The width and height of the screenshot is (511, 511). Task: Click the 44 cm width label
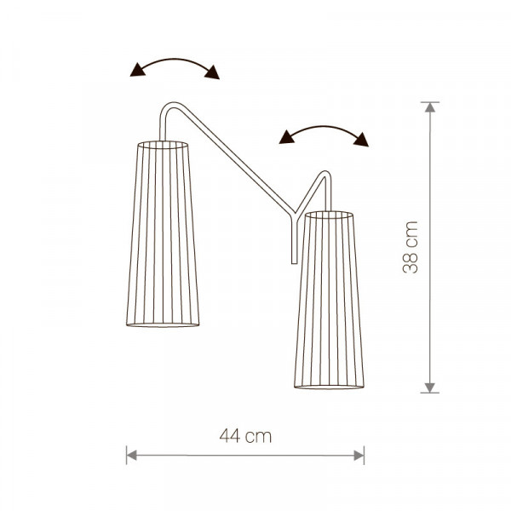tap(245, 436)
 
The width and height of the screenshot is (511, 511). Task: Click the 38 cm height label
tap(411, 247)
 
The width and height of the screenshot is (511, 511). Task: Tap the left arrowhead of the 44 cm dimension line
tap(131, 456)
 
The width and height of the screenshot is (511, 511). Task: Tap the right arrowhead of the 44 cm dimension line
tap(359, 456)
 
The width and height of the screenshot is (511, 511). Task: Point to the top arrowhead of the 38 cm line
tap(430, 107)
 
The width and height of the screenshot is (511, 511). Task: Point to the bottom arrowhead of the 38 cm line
tap(430, 388)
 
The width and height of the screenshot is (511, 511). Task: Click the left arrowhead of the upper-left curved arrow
tap(137, 70)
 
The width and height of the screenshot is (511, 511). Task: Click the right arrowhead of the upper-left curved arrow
tap(212, 72)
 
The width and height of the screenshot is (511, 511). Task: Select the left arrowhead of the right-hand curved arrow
tap(286, 137)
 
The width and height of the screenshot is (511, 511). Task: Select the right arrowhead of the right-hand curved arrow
tap(361, 140)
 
